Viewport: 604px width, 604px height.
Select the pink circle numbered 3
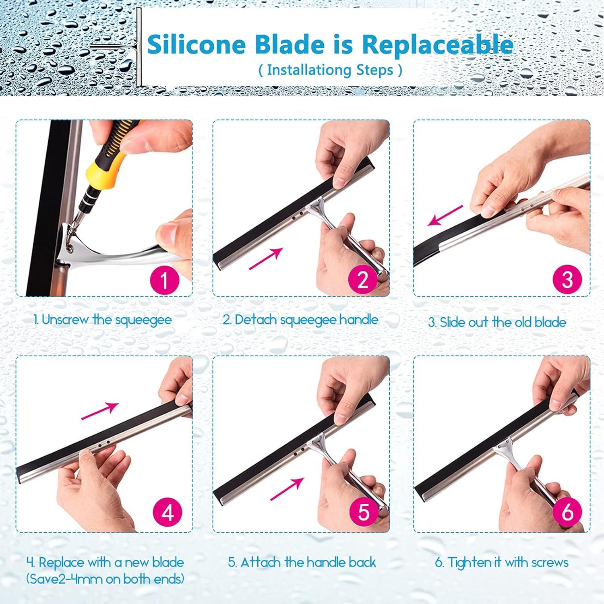567,279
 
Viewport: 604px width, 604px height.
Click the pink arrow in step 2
265,259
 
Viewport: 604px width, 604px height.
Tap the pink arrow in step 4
100,411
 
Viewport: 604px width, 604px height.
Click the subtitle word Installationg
310,70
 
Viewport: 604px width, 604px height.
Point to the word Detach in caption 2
256,320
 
